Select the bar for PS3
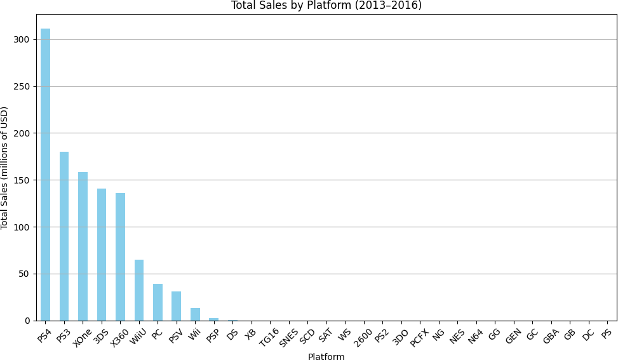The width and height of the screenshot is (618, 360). coord(64,236)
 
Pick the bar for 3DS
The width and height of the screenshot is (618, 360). coord(102,255)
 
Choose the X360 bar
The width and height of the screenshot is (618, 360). coord(120,257)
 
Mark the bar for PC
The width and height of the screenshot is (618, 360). coord(158,302)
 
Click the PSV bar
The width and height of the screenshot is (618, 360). coord(176,306)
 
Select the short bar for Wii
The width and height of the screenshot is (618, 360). coord(195,314)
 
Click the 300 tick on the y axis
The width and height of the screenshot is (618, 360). coord(23,39)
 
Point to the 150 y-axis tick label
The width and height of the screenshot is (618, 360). coord(23,180)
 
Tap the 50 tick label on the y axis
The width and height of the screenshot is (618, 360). coord(25,274)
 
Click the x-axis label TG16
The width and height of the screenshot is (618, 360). coord(269,335)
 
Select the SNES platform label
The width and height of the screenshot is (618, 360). coord(288,335)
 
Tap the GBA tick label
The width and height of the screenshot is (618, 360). coord(551,335)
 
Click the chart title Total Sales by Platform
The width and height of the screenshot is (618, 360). coord(326,6)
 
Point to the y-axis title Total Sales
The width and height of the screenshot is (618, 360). coord(5,168)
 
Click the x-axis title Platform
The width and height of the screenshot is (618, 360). coord(326,357)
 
